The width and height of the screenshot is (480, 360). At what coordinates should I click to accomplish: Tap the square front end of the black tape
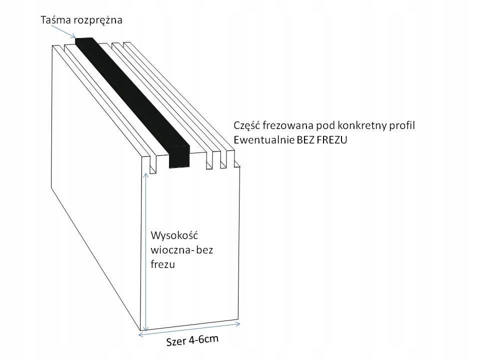(180, 156)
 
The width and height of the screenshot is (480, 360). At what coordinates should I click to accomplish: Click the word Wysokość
(174, 235)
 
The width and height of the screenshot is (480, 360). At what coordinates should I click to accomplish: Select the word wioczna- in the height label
(169, 250)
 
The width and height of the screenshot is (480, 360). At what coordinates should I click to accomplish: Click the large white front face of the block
(200, 290)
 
